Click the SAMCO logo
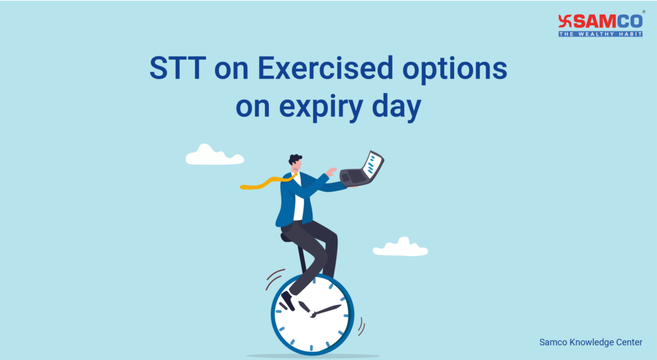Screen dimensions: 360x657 600,22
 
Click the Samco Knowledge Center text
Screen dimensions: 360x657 590,343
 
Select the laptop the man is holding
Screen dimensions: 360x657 363,170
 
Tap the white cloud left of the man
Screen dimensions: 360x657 214,155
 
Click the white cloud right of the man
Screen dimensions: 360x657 400,248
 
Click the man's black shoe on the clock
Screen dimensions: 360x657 288,300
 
